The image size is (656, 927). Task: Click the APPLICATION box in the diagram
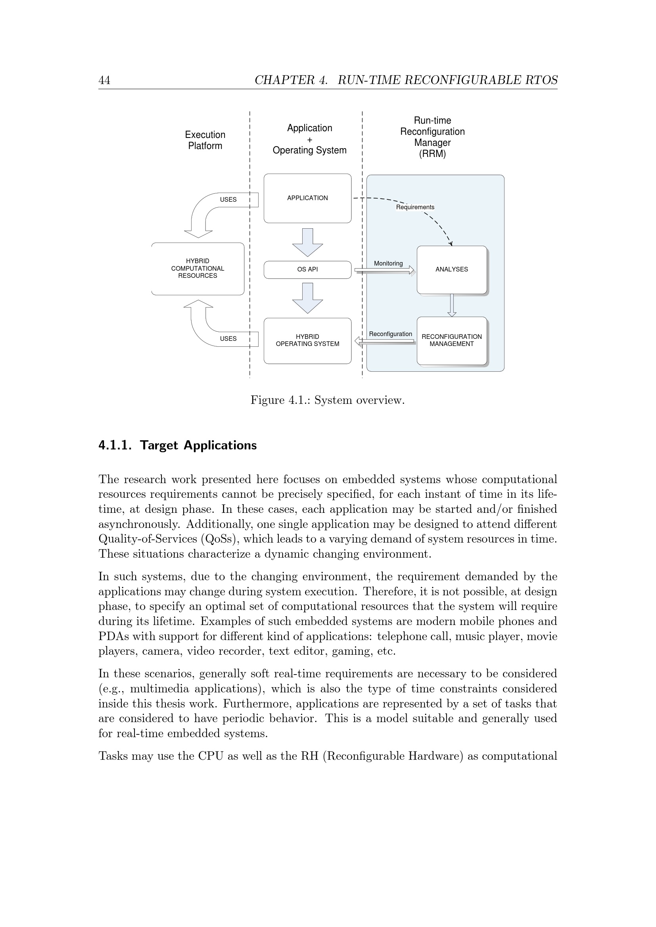(307, 198)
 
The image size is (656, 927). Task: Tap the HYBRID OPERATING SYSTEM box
(307, 340)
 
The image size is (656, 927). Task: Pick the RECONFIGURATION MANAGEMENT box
(452, 340)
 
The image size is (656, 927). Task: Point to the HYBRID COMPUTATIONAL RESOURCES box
(198, 268)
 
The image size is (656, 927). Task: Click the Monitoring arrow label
(388, 264)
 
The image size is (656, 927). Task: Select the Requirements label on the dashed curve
(415, 207)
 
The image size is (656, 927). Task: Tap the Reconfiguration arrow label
(390, 334)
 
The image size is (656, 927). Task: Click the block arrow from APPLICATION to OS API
(307, 242)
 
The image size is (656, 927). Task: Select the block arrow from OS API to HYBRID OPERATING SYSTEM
(307, 298)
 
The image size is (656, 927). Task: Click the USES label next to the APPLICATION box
(228, 199)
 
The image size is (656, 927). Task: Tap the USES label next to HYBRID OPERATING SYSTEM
(228, 339)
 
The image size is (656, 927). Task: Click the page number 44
(104, 80)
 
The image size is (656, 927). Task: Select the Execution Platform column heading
(205, 140)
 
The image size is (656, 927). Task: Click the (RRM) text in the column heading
(432, 154)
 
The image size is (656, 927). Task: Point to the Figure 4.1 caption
(327, 400)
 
